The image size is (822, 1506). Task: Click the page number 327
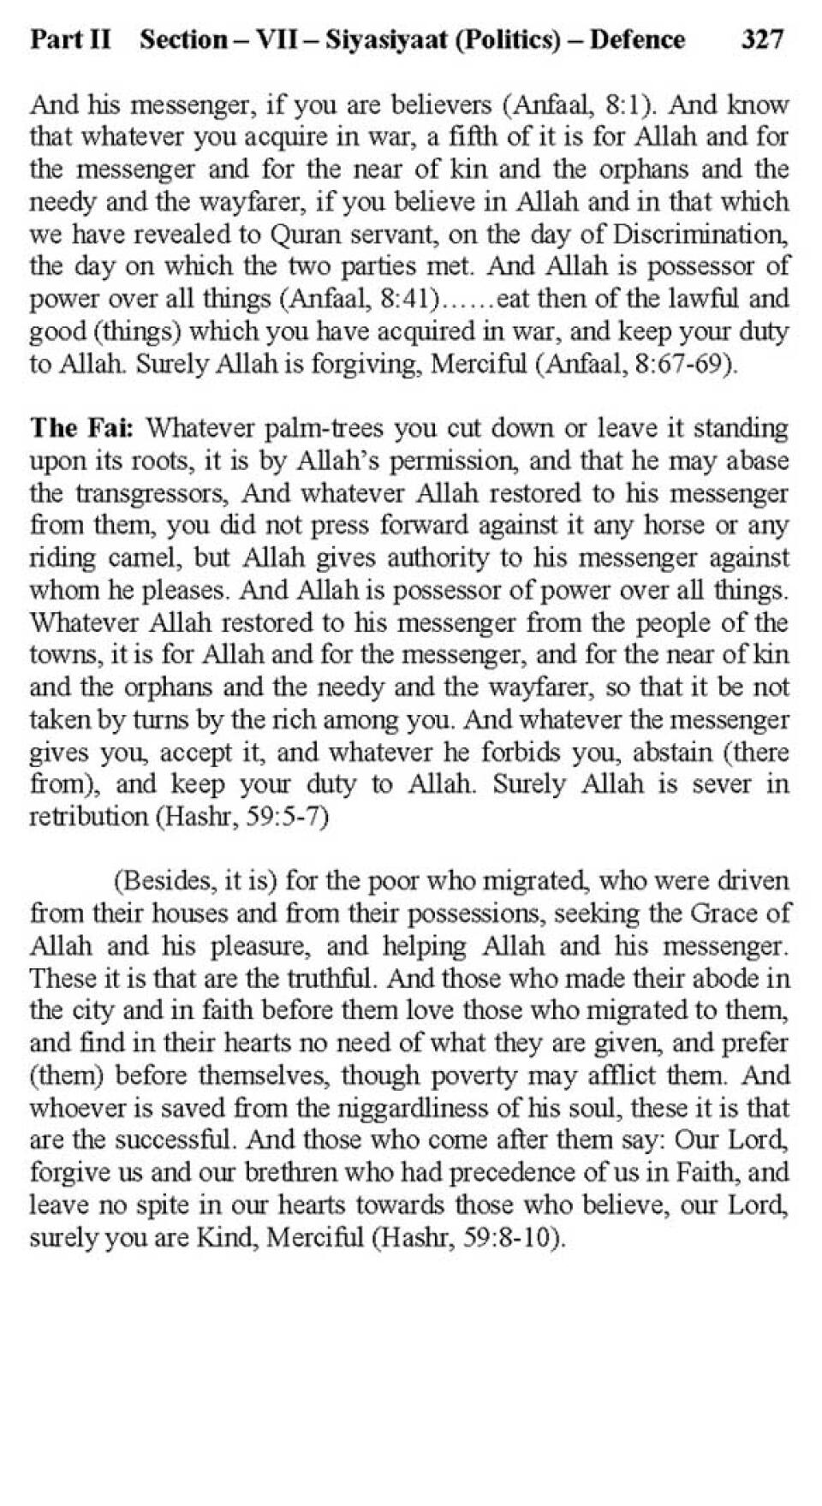(x=762, y=39)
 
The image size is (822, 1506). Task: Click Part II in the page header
(x=70, y=39)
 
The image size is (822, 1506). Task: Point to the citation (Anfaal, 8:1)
(x=579, y=105)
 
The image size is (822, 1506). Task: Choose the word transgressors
(x=152, y=493)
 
